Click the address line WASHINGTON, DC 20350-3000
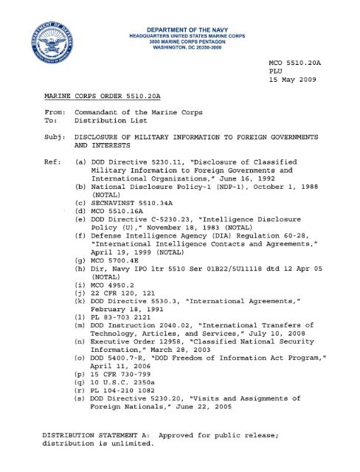179,38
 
